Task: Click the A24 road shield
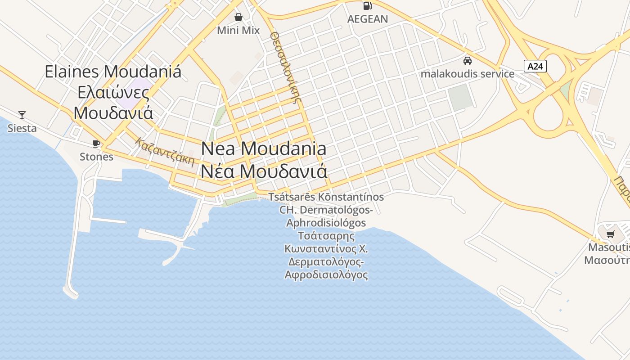tap(535, 67)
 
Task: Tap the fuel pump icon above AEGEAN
tap(368, 6)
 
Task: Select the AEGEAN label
tap(368, 19)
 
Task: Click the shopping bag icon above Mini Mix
tap(238, 17)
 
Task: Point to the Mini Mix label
tap(238, 31)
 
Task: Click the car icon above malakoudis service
tap(468, 60)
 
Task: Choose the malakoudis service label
tap(468, 74)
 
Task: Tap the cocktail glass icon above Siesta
tap(22, 115)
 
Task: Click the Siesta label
tap(22, 128)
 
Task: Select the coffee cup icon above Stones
tap(96, 144)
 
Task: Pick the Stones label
tap(96, 157)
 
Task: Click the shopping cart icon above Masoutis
tap(611, 234)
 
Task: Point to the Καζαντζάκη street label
tap(165, 152)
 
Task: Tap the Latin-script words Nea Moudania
tap(264, 148)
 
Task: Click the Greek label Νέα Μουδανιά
tap(264, 171)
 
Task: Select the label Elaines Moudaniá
tap(113, 72)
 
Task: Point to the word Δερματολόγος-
tap(326, 262)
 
